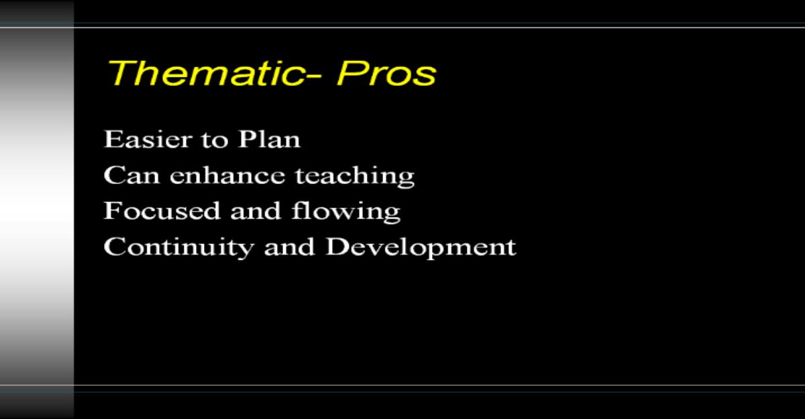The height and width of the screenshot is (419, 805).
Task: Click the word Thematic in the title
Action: (x=204, y=73)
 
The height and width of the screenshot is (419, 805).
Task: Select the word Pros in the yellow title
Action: (x=386, y=73)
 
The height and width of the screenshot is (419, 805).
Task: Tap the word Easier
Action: (x=148, y=139)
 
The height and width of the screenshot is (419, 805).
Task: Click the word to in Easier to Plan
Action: (x=215, y=140)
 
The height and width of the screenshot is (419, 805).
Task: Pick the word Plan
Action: (x=269, y=139)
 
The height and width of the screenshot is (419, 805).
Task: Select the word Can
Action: (x=131, y=175)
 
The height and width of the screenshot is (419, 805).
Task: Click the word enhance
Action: (x=227, y=175)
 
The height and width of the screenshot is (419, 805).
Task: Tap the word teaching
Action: (x=355, y=176)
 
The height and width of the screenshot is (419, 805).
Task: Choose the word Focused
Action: (x=162, y=211)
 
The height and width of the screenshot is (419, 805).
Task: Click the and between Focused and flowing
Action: (x=256, y=211)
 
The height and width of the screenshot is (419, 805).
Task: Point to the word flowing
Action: (x=346, y=212)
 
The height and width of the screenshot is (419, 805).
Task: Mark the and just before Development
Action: (x=289, y=247)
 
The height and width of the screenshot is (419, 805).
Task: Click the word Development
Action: (x=421, y=248)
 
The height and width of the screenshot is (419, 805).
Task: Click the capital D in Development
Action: (x=339, y=247)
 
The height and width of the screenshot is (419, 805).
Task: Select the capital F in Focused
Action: (x=113, y=211)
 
